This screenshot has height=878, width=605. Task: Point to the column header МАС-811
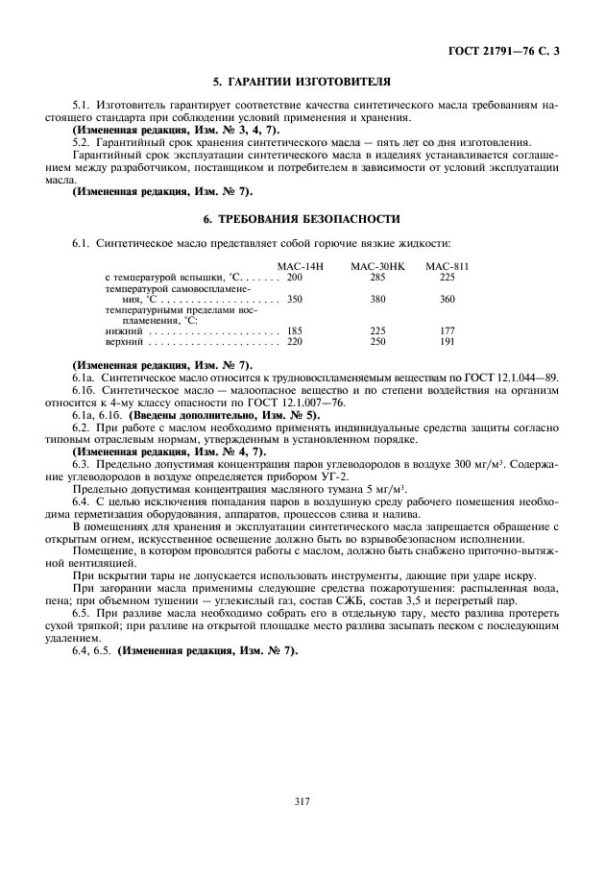447,265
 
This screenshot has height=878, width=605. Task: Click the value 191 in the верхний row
447,341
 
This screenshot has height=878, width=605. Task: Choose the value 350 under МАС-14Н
294,299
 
